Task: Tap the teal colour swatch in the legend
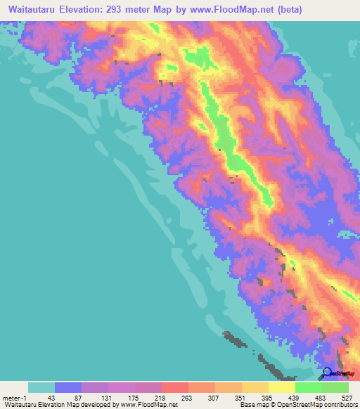[41, 387]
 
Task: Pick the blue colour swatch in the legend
[68, 387]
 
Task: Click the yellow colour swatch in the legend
[255, 387]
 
